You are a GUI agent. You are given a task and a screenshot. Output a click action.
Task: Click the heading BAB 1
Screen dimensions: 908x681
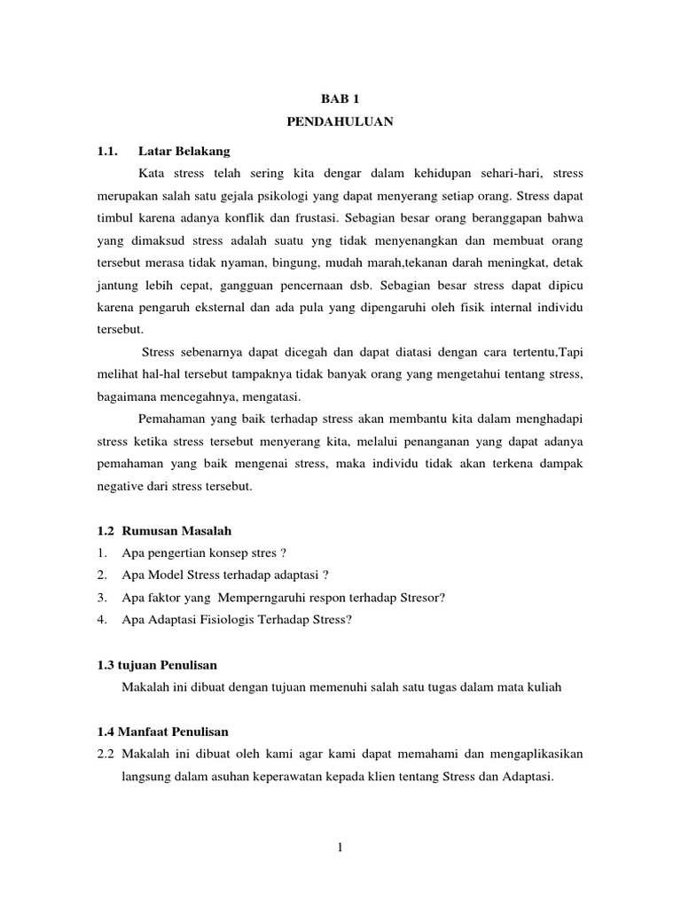340,101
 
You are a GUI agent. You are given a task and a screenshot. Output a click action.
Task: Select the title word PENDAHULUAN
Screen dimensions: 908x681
340,124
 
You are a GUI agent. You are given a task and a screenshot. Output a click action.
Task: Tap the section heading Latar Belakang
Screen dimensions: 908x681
184,151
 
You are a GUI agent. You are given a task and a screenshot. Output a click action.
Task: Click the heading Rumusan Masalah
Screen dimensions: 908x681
184,530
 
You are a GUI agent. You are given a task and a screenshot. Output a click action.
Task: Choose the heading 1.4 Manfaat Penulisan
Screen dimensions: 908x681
162,732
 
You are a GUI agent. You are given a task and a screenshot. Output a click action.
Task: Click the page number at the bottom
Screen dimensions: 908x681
340,848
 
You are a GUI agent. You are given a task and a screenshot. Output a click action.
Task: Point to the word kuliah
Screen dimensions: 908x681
543,687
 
